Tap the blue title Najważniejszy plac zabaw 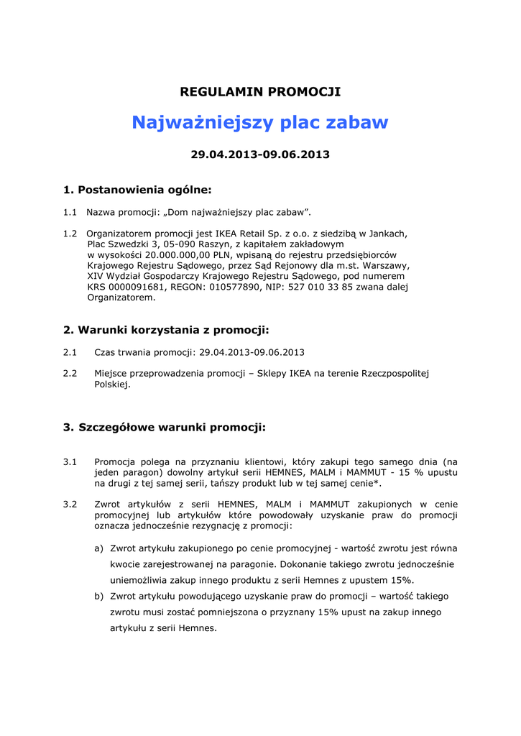[x=260, y=123]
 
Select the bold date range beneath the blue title [x=260, y=155]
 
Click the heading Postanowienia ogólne [x=144, y=190]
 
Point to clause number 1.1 [x=70, y=212]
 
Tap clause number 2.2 [x=70, y=374]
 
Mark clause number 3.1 [x=70, y=461]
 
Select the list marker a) [x=99, y=548]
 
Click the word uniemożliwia [x=140, y=580]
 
